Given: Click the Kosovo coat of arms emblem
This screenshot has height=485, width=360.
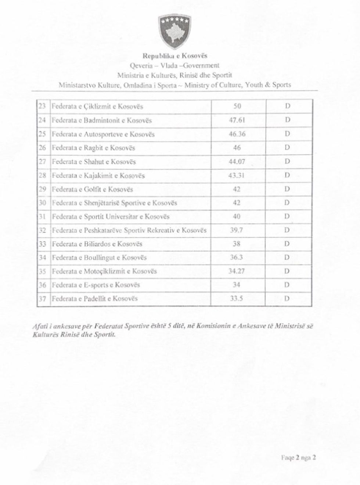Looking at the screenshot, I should (175, 32).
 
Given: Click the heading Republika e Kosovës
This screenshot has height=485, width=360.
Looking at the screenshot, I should (175, 56).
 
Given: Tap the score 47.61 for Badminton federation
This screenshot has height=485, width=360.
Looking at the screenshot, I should (237, 120).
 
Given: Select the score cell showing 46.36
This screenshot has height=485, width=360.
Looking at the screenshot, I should (237, 134).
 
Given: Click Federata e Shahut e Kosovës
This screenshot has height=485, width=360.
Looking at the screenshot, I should (94, 161).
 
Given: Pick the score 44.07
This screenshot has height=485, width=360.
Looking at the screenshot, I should (237, 161).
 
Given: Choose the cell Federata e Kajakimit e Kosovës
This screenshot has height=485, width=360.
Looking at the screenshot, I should (98, 175).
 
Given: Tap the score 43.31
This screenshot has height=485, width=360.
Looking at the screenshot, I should (237, 175).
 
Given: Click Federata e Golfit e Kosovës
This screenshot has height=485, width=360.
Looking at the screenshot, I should (92, 189).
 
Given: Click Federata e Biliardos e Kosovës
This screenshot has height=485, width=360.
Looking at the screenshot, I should (97, 244).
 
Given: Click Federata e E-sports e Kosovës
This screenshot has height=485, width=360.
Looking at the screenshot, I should (96, 285).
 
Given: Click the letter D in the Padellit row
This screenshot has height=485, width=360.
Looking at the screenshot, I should (288, 299).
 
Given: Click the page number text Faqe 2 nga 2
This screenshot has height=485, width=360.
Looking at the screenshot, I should (298, 458).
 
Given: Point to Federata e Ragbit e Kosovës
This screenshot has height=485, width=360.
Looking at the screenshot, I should (93, 148).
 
